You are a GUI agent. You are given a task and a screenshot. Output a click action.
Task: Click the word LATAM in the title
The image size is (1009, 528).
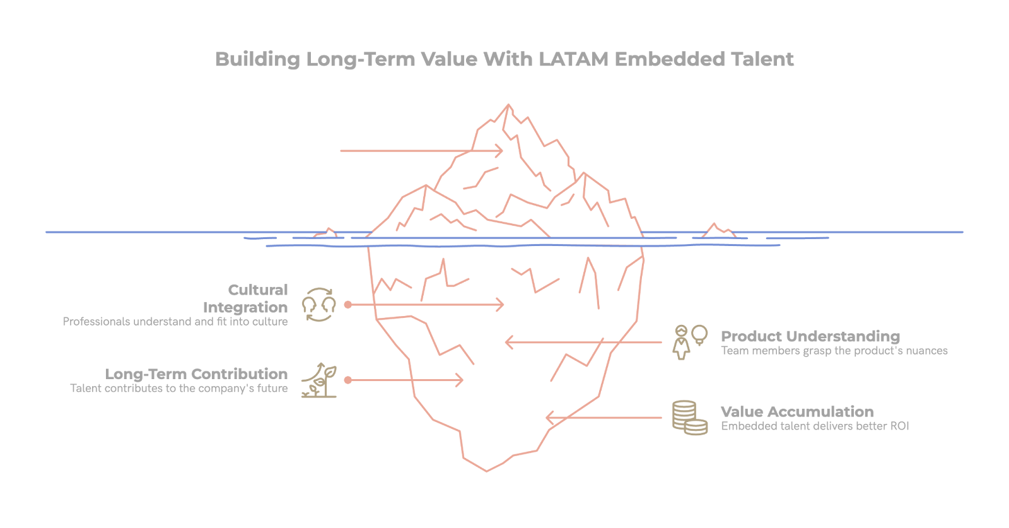(x=574, y=59)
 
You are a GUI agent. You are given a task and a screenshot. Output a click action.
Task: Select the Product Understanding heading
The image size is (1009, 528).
(x=810, y=336)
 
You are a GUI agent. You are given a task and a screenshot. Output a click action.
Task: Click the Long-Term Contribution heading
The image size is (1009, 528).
(x=196, y=374)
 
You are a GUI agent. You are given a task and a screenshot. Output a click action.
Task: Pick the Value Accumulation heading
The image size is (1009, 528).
(x=797, y=412)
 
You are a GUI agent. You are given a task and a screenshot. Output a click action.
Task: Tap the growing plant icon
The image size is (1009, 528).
(x=319, y=380)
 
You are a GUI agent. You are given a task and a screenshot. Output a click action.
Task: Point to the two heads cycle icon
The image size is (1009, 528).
(x=319, y=305)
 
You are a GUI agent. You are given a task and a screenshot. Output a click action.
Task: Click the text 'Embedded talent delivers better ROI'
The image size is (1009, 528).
(x=815, y=426)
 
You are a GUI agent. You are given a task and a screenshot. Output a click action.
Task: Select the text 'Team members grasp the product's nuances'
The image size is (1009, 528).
(x=834, y=351)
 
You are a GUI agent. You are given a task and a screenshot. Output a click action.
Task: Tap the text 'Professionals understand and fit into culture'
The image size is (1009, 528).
(x=175, y=322)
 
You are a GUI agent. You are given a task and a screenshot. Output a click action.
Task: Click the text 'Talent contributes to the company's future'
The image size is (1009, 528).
(x=178, y=389)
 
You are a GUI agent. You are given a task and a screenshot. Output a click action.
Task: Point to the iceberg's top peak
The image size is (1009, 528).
(x=508, y=105)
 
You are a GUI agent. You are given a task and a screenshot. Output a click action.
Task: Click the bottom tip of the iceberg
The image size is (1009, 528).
(x=486, y=470)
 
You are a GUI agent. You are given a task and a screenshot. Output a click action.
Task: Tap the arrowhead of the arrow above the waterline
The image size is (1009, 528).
(x=500, y=151)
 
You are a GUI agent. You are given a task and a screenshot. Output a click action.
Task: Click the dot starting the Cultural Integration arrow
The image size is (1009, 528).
(x=348, y=305)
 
